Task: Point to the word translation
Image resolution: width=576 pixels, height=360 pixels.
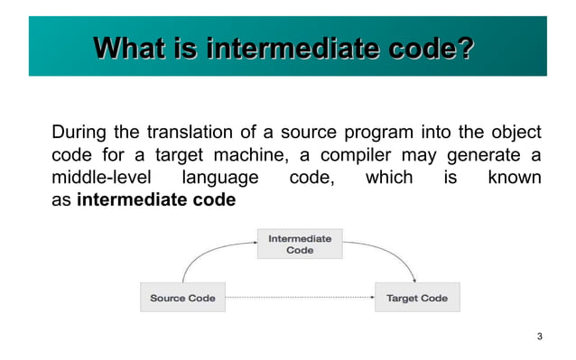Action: (x=193, y=132)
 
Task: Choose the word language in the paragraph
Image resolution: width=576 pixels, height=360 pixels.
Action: (x=220, y=178)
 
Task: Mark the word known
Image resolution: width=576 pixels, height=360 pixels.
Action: (x=514, y=178)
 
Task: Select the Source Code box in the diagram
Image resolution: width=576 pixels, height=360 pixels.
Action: (x=182, y=298)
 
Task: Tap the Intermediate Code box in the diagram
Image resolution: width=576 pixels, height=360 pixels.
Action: (x=300, y=245)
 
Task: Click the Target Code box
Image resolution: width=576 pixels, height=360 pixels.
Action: (x=416, y=298)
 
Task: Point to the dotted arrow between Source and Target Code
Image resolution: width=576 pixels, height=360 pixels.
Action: (x=298, y=298)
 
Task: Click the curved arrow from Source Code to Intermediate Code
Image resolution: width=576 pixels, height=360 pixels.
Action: (x=203, y=253)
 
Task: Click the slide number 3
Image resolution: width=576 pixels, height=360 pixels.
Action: (x=539, y=337)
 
